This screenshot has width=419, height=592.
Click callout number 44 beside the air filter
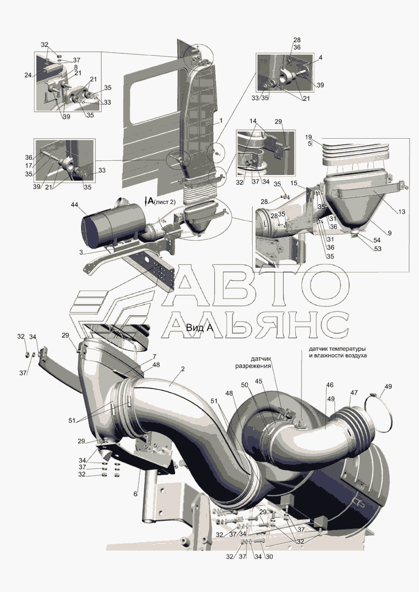pyautogui.click(x=75, y=204)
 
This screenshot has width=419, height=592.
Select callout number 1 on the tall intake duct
pyautogui.click(x=221, y=120)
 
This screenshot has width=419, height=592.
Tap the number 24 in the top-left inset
pyautogui.click(x=28, y=75)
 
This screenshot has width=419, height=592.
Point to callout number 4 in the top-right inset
pyautogui.click(x=321, y=58)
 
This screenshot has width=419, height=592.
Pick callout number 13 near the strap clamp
pyautogui.click(x=401, y=212)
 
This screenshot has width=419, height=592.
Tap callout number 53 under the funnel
pyautogui.click(x=378, y=249)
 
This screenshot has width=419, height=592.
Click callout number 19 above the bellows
pyautogui.click(x=308, y=137)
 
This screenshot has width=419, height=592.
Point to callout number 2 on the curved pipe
pyautogui.click(x=183, y=369)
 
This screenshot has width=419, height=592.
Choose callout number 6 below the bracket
pyautogui.click(x=135, y=494)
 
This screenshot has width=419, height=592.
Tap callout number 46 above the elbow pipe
pyautogui.click(x=330, y=385)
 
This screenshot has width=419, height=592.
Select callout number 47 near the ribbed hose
pyautogui.click(x=354, y=393)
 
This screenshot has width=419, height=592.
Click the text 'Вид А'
pyautogui.click(x=199, y=328)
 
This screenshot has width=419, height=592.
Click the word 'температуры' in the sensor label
pyautogui.click(x=350, y=348)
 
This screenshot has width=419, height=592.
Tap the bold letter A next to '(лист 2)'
pyautogui.click(x=151, y=201)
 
